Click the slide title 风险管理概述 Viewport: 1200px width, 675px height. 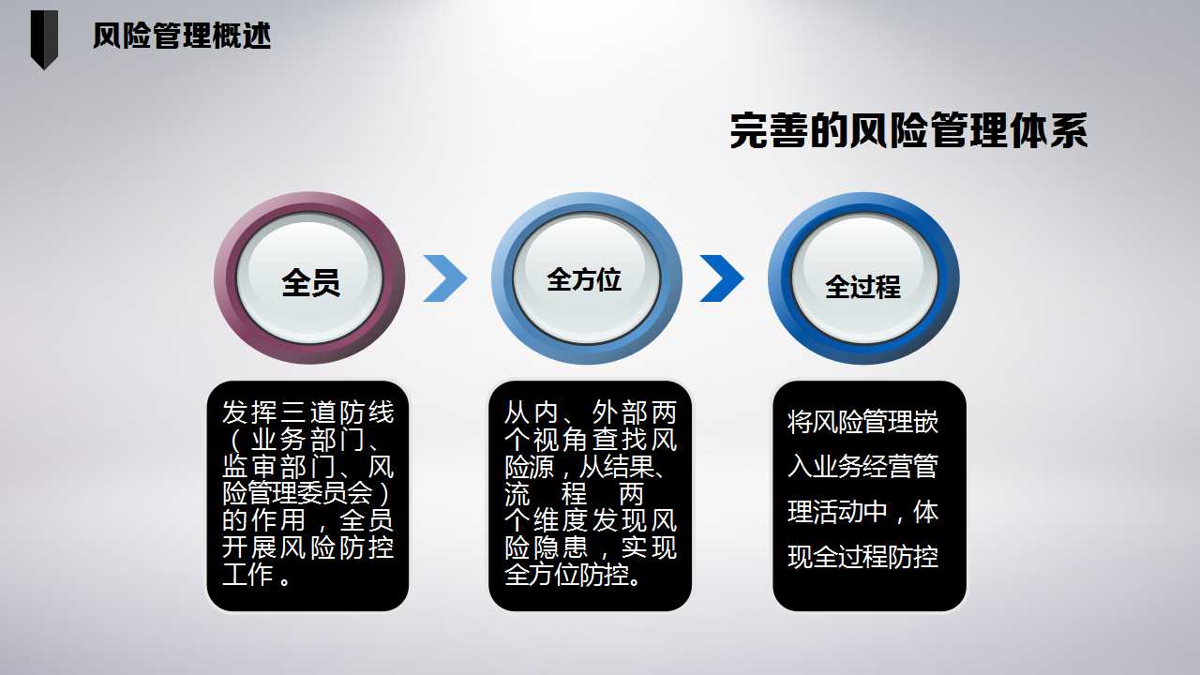[x=182, y=36]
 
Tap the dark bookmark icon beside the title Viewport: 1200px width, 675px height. [x=44, y=39]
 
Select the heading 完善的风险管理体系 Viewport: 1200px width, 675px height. [x=908, y=130]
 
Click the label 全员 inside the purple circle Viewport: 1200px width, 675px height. [x=310, y=283]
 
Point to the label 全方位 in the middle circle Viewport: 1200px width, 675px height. [x=584, y=279]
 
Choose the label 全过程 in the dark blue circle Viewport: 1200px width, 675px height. [x=863, y=287]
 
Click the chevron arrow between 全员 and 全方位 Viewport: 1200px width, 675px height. [x=445, y=278]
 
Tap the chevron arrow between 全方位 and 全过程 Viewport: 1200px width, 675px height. [x=722, y=278]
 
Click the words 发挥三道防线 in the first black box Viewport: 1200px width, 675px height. [x=308, y=412]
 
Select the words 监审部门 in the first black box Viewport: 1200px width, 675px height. [x=278, y=467]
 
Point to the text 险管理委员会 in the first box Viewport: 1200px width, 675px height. [x=297, y=493]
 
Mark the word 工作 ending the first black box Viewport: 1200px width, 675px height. [x=247, y=575]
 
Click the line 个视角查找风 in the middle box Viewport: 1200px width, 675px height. [x=591, y=440]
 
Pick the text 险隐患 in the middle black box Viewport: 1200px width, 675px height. [x=546, y=547]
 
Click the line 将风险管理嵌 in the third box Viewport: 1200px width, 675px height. [x=863, y=422]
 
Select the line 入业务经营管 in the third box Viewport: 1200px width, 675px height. [x=863, y=467]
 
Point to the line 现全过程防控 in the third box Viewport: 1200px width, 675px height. [x=863, y=557]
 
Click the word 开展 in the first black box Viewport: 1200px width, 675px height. [x=249, y=547]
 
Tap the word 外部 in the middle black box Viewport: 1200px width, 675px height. [x=619, y=412]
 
